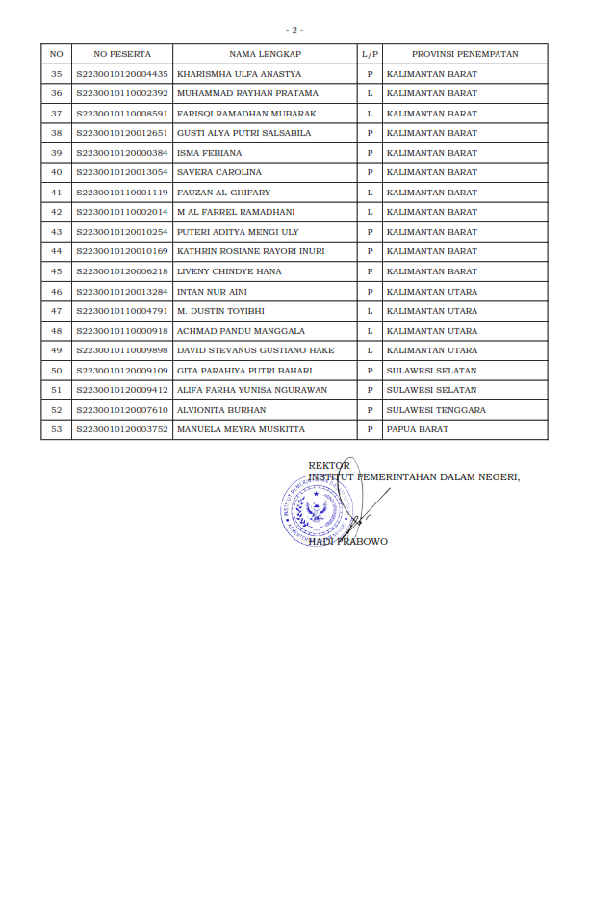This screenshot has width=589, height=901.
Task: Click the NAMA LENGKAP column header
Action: point(264,54)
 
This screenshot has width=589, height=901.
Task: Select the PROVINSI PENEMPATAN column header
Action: point(465,54)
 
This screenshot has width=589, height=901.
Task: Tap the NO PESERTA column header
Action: point(122,54)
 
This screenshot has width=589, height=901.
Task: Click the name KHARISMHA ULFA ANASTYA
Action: point(240,74)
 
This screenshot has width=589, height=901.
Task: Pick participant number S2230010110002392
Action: point(122,93)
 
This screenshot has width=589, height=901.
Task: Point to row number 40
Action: point(56,172)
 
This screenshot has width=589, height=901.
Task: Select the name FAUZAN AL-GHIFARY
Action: point(223,193)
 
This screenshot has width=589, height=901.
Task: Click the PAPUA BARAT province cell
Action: point(417,429)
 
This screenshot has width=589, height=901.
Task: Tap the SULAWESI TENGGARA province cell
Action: point(436,410)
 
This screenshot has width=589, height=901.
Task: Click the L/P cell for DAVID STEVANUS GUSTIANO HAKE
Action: point(370,350)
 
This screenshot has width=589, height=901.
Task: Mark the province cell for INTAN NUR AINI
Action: point(431,292)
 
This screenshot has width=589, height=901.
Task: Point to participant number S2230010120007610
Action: point(122,410)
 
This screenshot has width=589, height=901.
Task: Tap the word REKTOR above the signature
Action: point(329,466)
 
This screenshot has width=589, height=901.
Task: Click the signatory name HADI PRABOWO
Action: point(348,542)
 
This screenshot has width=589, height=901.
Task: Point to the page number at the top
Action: point(294,30)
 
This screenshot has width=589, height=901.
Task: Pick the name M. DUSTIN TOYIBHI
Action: point(220,311)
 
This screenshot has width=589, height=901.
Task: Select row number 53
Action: point(56,429)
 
